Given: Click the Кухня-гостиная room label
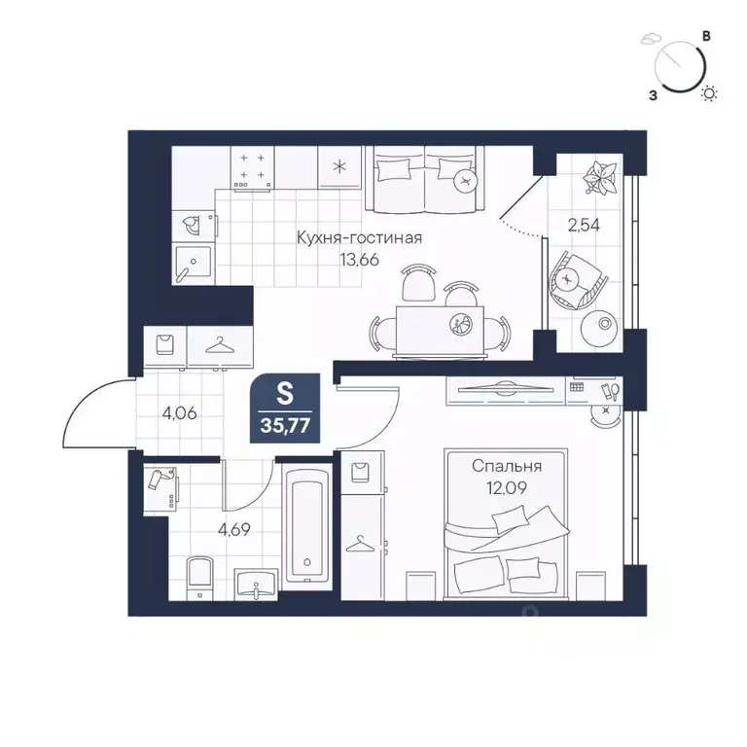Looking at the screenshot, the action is (359, 237).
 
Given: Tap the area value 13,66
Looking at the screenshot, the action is (359, 260).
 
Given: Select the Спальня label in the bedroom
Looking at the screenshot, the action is (507, 467).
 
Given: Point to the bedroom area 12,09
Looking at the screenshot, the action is (506, 488).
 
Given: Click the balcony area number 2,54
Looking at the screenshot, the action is (584, 225).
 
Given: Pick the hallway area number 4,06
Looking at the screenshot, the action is (179, 413).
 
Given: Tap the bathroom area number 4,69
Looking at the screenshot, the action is (233, 529).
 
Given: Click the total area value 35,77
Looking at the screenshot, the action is (285, 425).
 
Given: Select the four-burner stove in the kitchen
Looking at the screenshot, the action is (253, 167).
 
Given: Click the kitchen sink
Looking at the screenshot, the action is (193, 265).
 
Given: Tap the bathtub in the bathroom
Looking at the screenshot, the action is (307, 524).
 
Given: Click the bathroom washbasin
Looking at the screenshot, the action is (256, 584).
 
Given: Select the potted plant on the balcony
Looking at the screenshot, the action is (601, 178).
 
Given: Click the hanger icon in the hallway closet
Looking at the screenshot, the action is (220, 345).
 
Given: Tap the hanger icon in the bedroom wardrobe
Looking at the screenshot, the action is (361, 543).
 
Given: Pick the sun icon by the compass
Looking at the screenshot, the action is (709, 93).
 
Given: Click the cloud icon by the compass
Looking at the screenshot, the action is (650, 40).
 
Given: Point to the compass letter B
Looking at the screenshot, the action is (707, 36).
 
